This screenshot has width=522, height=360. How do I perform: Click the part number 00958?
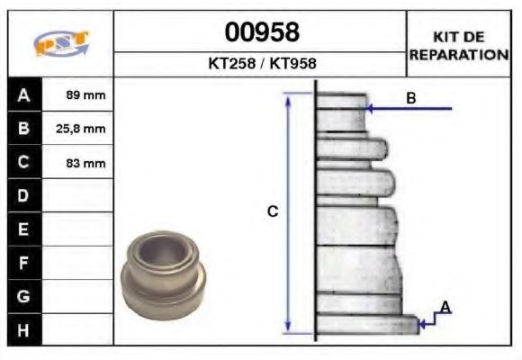pos(261,32)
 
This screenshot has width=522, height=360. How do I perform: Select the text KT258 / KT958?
pos(261,64)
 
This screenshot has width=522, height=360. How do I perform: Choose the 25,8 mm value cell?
pos(78,129)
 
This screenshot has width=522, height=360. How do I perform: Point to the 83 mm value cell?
pos(78,163)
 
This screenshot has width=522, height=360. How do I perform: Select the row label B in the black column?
pos(23,129)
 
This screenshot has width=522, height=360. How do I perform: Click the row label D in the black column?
pos(23,195)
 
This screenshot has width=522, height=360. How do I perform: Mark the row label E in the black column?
pos(23,229)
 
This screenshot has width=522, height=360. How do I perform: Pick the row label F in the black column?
pos(23,262)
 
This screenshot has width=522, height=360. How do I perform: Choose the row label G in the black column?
pos(23,295)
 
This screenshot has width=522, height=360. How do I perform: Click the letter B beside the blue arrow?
pos(410,98)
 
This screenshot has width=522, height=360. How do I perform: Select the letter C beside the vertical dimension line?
pos(272,211)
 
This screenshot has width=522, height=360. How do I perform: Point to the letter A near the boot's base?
pos(445,308)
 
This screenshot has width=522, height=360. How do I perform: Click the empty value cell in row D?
pos(78,195)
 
